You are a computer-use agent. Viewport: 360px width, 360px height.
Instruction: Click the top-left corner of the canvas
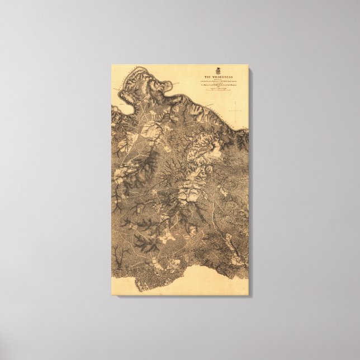[111, 65]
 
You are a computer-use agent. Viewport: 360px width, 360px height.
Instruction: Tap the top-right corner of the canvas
[248, 65]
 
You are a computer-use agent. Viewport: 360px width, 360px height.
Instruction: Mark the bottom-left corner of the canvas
[111, 295]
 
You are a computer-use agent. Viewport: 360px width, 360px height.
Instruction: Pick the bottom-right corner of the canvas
[248, 295]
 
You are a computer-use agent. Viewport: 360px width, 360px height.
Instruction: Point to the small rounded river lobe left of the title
[165, 85]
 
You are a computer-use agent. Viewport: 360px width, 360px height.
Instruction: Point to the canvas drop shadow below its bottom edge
[184, 296]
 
